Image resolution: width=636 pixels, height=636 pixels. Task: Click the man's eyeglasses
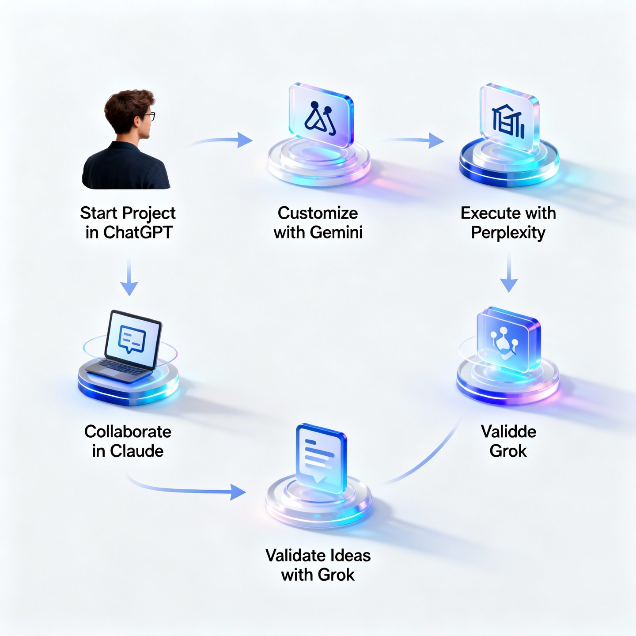[x=150, y=117]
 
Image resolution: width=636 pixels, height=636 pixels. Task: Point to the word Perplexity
[x=508, y=233]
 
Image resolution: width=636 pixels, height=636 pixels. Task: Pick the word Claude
[x=136, y=451]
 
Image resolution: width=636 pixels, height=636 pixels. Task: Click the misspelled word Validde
[x=508, y=432]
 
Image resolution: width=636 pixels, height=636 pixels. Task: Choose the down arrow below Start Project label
[x=129, y=278]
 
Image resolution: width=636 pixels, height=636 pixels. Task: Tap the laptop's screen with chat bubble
[x=132, y=339]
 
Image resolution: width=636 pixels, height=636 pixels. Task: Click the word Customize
[x=318, y=213]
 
